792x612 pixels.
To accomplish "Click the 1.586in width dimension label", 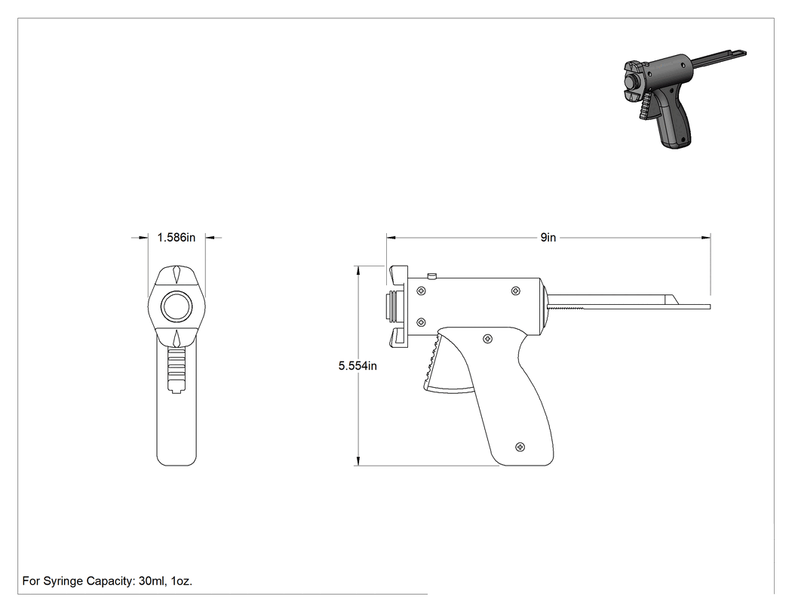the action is tap(177, 237).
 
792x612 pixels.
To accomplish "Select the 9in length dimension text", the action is tap(548, 237).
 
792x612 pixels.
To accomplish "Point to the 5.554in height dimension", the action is tap(358, 365).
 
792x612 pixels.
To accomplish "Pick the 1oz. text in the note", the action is tap(182, 581).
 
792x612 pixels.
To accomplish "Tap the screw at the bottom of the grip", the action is tap(520, 447).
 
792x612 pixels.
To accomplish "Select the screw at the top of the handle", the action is tap(487, 339).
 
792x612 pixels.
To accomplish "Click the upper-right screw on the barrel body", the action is tap(516, 291).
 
